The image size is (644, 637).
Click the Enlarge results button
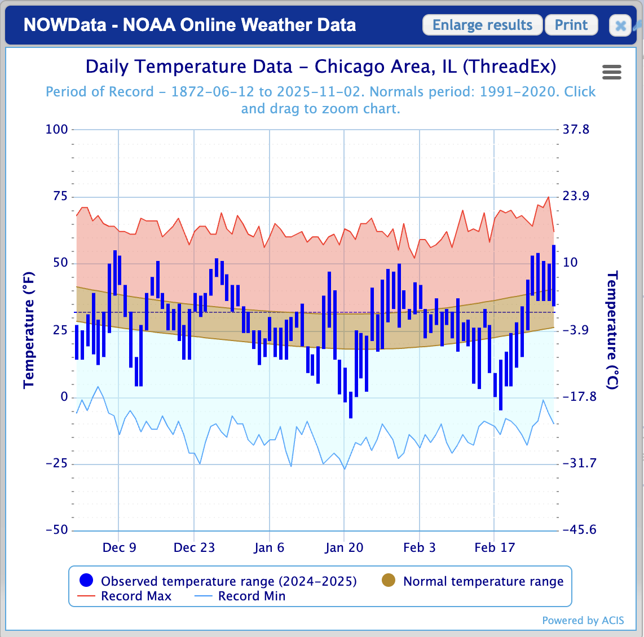point(482,25)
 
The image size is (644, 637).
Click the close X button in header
point(620,26)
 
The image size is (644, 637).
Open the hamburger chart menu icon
point(612,72)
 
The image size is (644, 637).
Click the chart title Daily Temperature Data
point(320,67)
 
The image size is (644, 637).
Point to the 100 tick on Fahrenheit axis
point(56,130)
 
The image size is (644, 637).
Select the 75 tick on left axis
point(60,196)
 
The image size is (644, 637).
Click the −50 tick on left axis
point(56,530)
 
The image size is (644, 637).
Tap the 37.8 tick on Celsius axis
point(576,130)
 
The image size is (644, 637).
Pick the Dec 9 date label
point(119,548)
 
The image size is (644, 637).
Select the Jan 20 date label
point(344,548)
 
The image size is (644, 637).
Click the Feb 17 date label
point(495,548)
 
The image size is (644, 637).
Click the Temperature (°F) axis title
point(29,330)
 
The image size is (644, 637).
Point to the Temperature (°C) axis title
point(612,330)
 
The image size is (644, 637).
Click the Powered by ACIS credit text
point(583,621)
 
